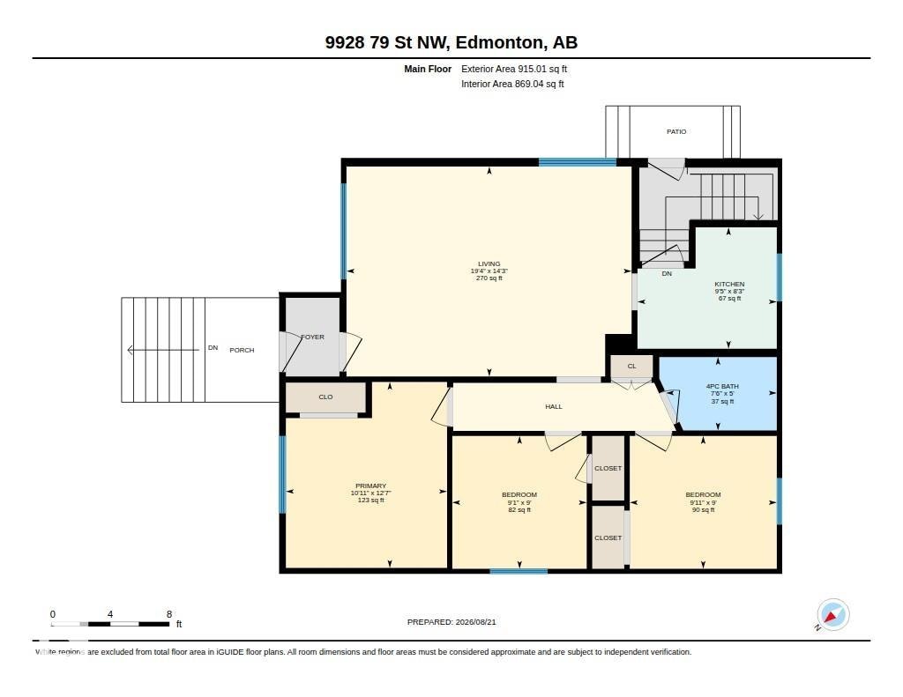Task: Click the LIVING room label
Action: coord(489,264)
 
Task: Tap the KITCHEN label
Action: coord(729,285)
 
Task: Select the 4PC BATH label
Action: coord(722,387)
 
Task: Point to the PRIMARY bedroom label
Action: coord(371,486)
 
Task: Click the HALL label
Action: coord(554,406)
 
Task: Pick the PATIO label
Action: coord(676,132)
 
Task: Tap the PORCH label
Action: coord(242,350)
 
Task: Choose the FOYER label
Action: coord(313,337)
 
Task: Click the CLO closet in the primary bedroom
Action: coord(325,397)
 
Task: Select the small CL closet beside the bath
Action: coord(631,367)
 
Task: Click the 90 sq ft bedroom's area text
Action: coord(703,510)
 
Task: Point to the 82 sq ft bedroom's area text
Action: coord(519,510)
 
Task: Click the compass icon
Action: coord(833,615)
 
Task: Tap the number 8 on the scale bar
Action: coord(169,614)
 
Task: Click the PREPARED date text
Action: coord(451,622)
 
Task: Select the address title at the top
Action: coord(451,42)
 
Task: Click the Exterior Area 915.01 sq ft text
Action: coord(514,69)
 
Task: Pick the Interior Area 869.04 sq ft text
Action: coord(512,84)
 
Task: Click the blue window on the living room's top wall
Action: coord(578,162)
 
